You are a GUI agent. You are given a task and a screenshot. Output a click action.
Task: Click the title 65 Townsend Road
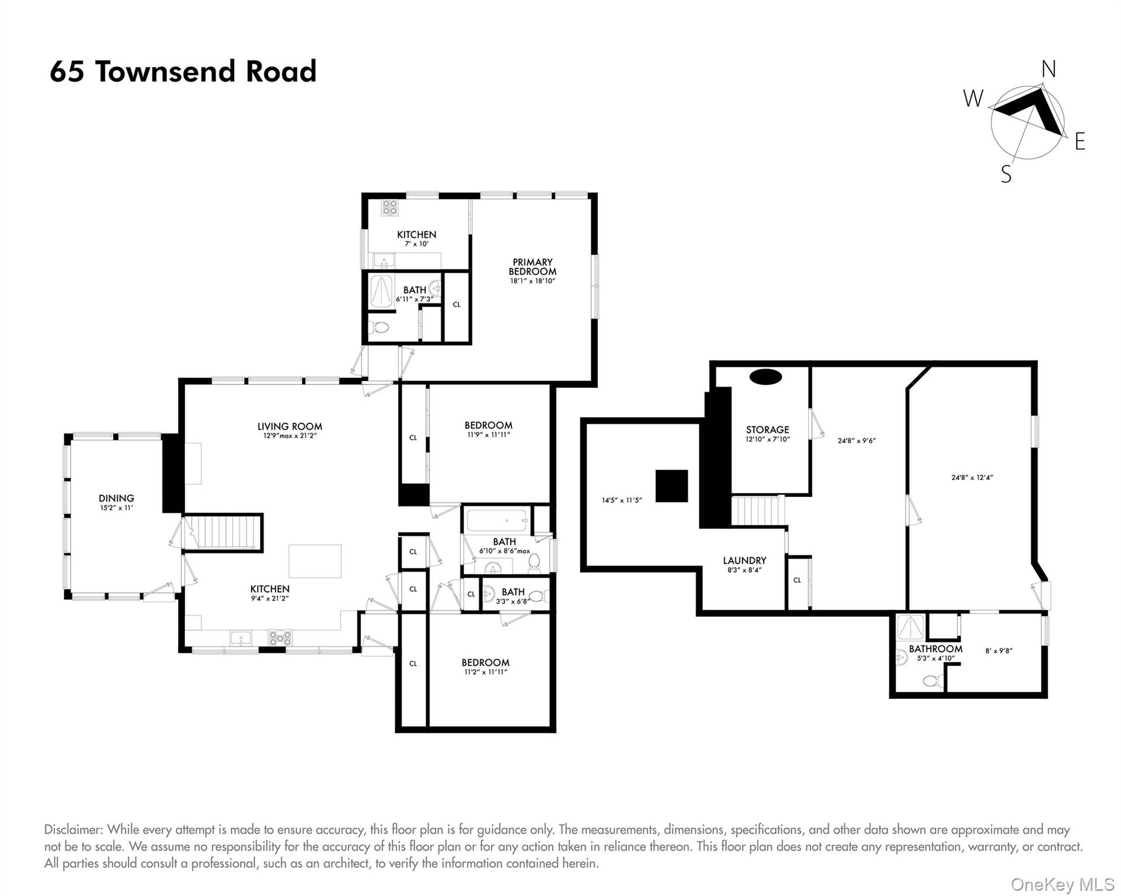[x=183, y=72]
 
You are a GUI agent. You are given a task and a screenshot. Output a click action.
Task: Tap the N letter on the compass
[x=1049, y=69]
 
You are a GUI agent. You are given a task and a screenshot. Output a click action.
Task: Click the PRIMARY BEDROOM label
[x=532, y=267]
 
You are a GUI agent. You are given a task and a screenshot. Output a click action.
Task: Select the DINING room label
[x=116, y=498]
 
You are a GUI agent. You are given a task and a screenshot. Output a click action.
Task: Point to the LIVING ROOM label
[x=290, y=426]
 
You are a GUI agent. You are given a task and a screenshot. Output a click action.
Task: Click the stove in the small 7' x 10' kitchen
[x=389, y=208]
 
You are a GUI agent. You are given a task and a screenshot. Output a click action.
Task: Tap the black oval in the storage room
[x=765, y=377]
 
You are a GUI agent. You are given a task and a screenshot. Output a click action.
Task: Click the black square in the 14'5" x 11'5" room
[x=671, y=486]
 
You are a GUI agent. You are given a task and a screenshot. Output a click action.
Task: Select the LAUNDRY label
[x=744, y=561]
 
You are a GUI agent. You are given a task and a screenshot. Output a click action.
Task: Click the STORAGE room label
[x=767, y=429]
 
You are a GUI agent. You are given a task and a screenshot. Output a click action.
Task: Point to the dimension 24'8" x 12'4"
[x=972, y=478]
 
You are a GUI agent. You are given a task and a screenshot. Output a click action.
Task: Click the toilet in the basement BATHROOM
[x=932, y=680]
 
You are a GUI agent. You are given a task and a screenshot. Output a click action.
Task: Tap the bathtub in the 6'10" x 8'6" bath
[x=497, y=520]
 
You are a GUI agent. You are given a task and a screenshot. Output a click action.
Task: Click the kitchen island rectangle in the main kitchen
[x=315, y=561]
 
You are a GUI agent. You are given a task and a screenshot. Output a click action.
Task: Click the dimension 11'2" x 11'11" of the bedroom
[x=485, y=672]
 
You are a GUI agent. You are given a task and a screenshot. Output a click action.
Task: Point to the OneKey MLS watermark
[x=1062, y=884]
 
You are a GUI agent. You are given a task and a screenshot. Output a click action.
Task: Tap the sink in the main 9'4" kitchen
[x=241, y=638]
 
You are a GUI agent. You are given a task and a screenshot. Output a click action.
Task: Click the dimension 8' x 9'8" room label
[x=998, y=650]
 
